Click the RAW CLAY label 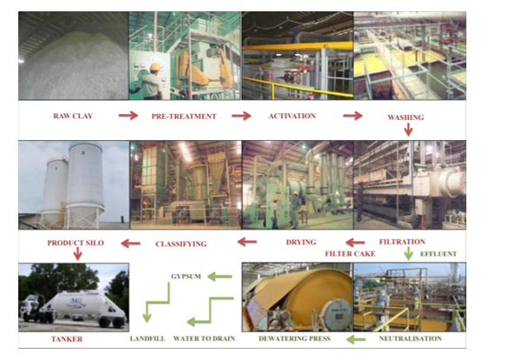tap(73, 115)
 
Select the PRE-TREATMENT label tap(184, 115)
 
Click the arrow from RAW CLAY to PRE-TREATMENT tap(128, 115)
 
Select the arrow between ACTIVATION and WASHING tap(352, 115)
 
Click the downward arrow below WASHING tap(408, 130)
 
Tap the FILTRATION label tap(403, 242)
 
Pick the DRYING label tap(300, 242)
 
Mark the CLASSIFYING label tap(180, 243)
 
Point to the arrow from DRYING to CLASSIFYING tap(247, 242)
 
